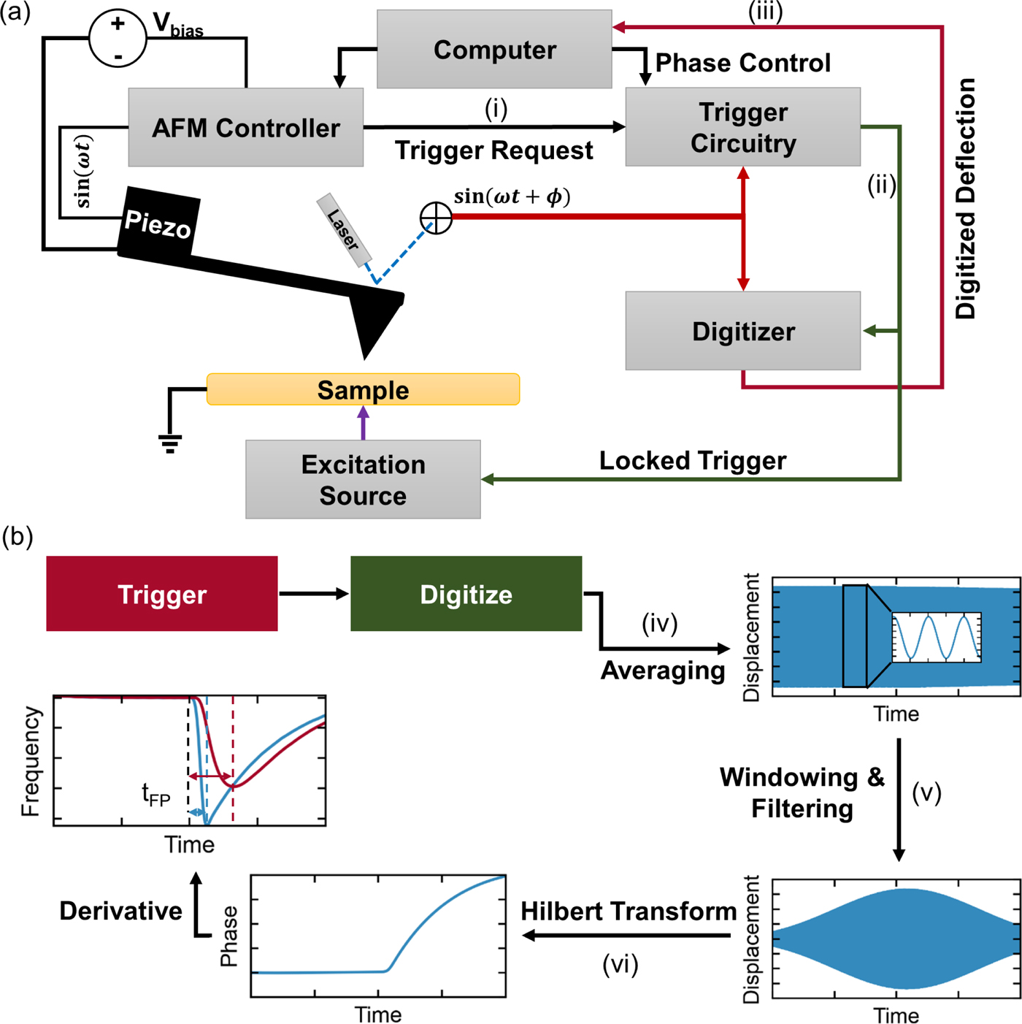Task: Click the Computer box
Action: pos(494,50)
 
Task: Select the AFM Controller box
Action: pos(245,128)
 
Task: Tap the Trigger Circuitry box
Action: pos(742,127)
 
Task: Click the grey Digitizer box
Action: pos(742,331)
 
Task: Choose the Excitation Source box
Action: pos(363,479)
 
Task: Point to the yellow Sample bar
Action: pos(363,389)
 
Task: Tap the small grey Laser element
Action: pos(344,229)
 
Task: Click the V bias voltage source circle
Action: pos(118,39)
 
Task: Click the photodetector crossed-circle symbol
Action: pos(436,218)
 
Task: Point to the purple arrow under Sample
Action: pos(363,423)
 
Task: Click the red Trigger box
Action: pos(161,594)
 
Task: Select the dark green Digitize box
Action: pos(466,594)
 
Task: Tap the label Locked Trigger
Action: pos(692,461)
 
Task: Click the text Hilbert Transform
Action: pos(629,912)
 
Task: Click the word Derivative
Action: pos(120,912)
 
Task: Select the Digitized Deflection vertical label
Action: pos(966,199)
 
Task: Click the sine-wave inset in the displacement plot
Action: pos(937,638)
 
